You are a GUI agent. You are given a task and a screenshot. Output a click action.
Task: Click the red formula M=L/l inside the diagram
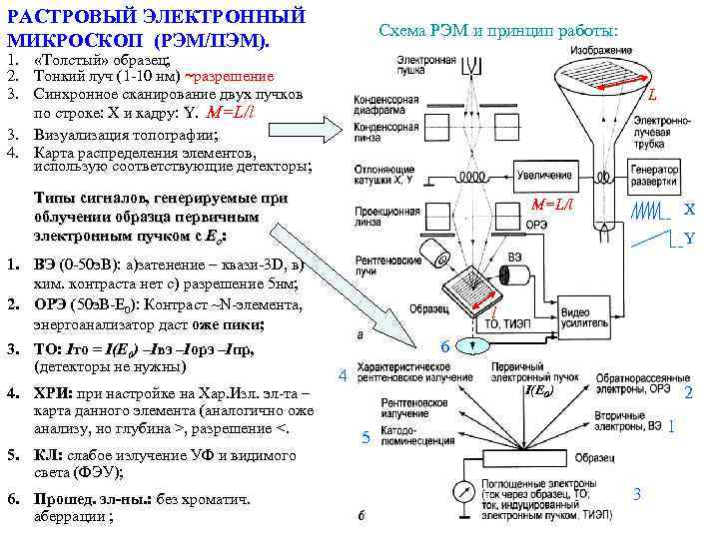tap(552, 204)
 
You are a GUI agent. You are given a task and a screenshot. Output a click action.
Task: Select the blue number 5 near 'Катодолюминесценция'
tap(366, 436)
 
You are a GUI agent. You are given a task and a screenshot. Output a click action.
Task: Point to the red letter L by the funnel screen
tap(651, 97)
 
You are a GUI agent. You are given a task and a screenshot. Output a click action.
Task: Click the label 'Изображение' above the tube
tap(602, 49)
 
